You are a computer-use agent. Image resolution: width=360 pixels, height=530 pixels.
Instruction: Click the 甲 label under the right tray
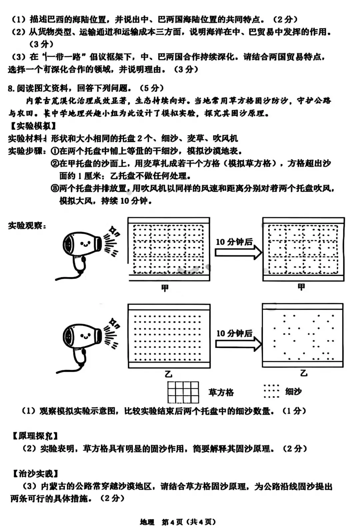point(301,287)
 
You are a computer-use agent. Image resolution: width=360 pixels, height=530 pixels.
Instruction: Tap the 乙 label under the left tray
point(169,374)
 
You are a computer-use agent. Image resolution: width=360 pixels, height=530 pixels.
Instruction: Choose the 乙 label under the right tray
point(304,373)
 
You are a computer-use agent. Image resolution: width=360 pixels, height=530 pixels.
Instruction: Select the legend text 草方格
point(221,392)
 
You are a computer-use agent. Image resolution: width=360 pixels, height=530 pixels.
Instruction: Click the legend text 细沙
point(293,391)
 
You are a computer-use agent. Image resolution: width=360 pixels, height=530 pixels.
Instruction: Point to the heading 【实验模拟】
point(33,126)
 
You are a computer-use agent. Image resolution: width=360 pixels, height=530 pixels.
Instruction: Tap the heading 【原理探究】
point(35,436)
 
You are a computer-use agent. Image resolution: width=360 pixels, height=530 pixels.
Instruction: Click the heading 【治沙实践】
point(35,473)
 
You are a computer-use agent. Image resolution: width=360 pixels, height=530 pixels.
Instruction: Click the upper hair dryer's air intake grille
point(68,244)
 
